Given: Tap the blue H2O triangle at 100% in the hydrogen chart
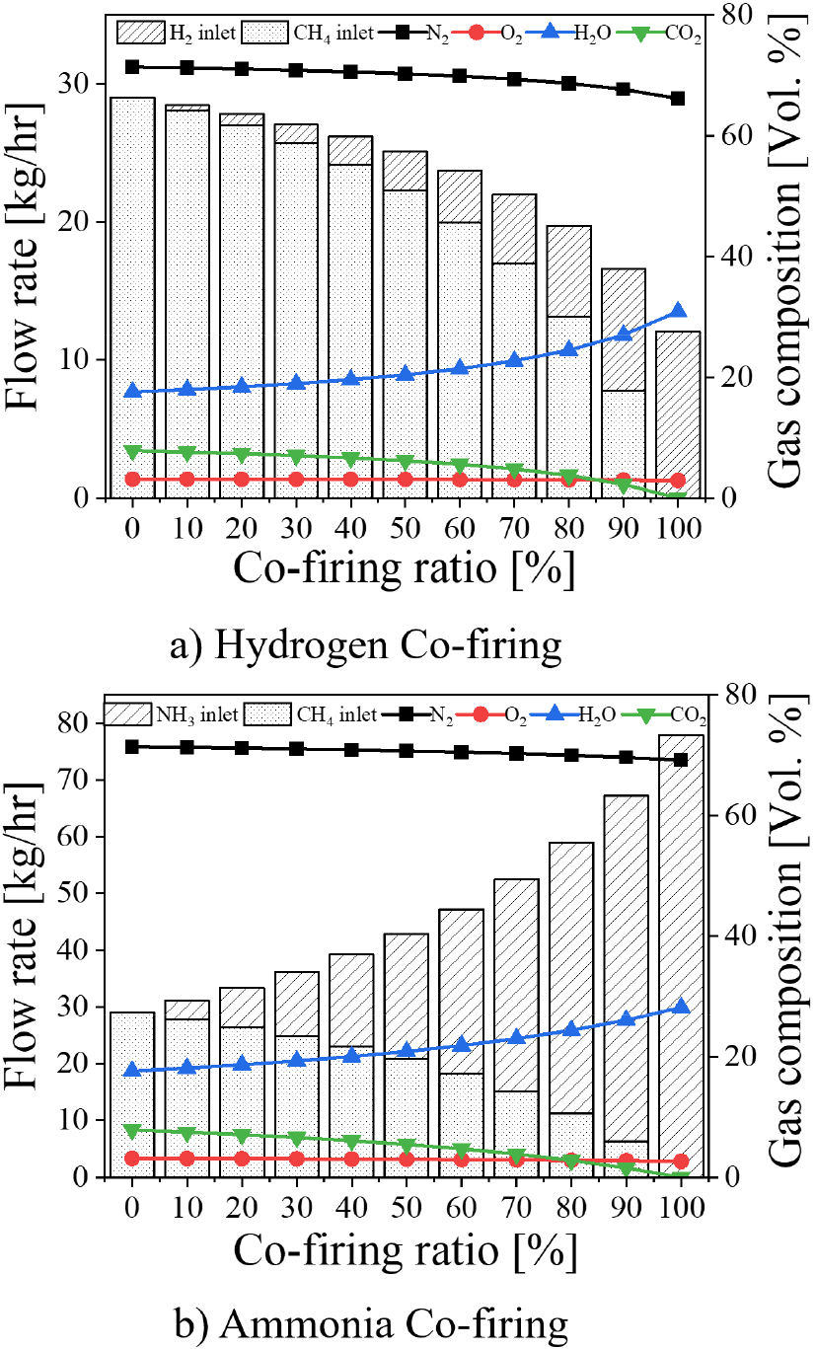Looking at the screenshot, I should tap(678, 311).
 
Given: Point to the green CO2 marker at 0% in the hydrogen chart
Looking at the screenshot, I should tap(131, 451).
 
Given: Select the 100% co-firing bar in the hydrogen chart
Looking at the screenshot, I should tap(678, 414).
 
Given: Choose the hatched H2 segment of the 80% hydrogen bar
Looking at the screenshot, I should tap(568, 271).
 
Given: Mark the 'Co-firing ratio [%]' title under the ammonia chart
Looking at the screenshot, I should tap(405, 1251).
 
